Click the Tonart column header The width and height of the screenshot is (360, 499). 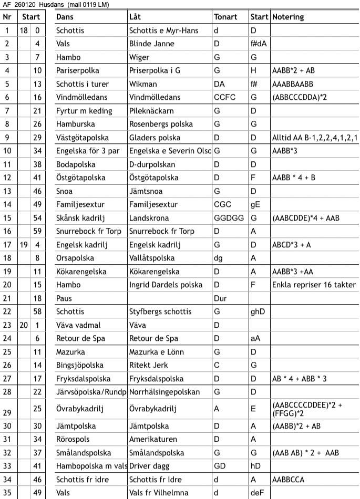coord(226,17)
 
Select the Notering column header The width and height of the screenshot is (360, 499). coord(288,17)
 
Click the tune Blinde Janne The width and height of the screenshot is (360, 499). coord(152,44)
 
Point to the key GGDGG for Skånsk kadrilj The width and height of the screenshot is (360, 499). coord(229,218)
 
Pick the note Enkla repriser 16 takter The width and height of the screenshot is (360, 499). coord(314,285)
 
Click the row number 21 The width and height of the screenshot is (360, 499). coord(7,298)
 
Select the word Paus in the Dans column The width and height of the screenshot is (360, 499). coord(64,298)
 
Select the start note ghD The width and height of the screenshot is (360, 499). coord(258,312)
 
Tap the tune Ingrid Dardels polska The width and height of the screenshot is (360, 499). coord(166,285)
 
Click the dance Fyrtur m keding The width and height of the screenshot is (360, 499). coord(84,111)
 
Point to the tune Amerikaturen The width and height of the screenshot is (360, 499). coord(154,439)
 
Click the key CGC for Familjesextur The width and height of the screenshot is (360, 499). coord(223,204)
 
